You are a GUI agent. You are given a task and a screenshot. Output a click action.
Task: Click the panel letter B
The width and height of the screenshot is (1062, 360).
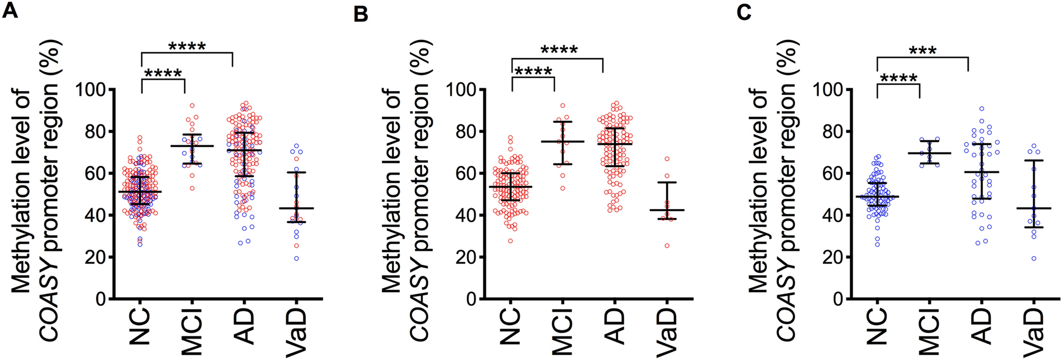pyautogui.click(x=361, y=14)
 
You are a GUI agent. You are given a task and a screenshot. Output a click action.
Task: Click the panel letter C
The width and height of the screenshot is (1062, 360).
pyautogui.click(x=744, y=12)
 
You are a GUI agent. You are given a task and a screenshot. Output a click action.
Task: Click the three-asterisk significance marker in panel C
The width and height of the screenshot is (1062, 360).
pyautogui.click(x=923, y=52)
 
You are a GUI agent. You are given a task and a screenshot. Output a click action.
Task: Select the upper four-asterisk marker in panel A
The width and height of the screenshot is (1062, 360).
pyautogui.click(x=187, y=47)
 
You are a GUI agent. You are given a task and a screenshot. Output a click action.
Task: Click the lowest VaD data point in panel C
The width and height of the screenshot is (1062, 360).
pyautogui.click(x=1033, y=258)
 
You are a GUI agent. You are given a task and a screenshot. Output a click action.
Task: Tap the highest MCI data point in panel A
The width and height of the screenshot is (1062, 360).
pyautogui.click(x=192, y=106)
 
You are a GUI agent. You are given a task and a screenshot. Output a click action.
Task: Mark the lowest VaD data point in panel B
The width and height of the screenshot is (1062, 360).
pyautogui.click(x=667, y=246)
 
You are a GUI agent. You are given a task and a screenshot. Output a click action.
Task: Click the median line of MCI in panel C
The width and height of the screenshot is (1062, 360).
pyautogui.click(x=929, y=153)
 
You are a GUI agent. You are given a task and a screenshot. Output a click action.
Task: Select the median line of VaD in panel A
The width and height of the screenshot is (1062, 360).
pyautogui.click(x=296, y=208)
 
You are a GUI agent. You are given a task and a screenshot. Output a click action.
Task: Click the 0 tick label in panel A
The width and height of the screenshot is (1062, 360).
pyautogui.click(x=100, y=299)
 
